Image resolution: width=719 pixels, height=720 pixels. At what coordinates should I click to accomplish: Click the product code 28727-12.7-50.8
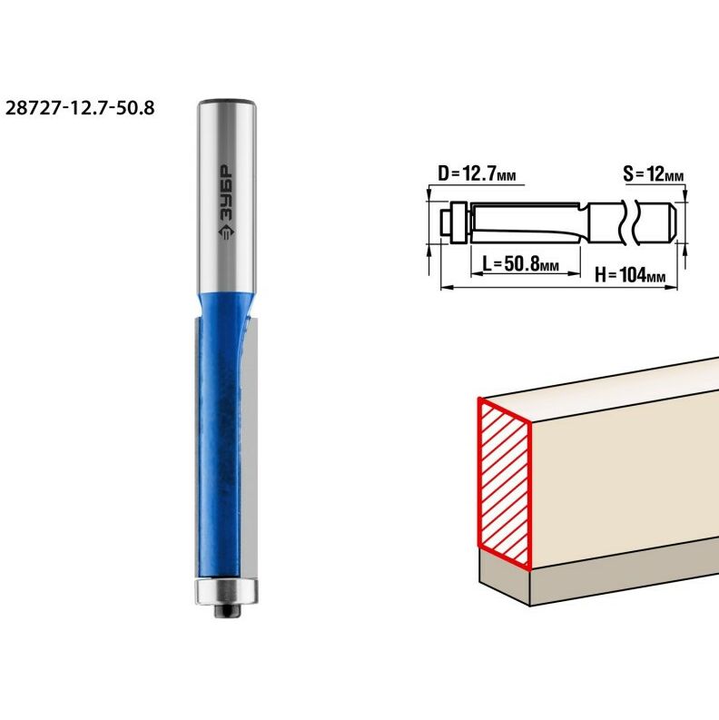[x=80, y=108]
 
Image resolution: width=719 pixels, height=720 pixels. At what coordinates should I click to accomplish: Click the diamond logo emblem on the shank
[x=225, y=232]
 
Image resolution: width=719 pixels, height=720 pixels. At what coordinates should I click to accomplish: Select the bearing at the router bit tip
[x=226, y=591]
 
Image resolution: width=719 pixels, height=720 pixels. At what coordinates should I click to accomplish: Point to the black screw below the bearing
[x=227, y=611]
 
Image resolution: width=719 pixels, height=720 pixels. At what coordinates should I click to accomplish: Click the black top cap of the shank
[x=227, y=101]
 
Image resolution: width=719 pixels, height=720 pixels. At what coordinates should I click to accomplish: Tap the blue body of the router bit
[x=220, y=436]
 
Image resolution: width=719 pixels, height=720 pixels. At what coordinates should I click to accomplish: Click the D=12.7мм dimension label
[x=477, y=174]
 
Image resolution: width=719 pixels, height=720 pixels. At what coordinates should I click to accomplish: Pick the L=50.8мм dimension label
[x=521, y=264]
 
